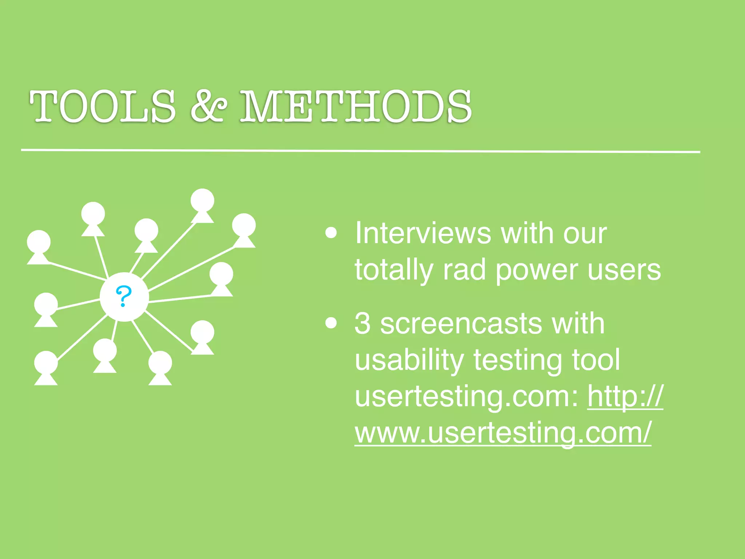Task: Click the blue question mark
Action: (124, 296)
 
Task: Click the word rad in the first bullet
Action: (464, 270)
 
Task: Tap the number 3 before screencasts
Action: (363, 323)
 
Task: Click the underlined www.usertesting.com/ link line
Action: (503, 433)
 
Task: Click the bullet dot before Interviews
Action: (331, 233)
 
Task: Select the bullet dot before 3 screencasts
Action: (331, 323)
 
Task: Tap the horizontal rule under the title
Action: (360, 150)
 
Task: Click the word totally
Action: (394, 270)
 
